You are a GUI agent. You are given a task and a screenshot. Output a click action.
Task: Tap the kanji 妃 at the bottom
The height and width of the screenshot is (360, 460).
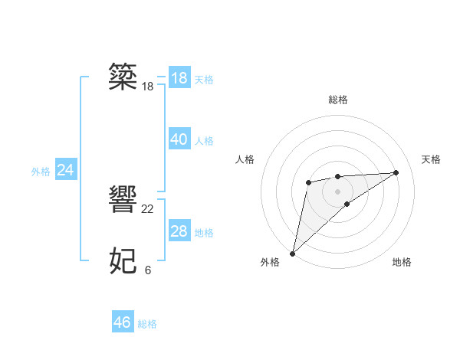[x=123, y=261]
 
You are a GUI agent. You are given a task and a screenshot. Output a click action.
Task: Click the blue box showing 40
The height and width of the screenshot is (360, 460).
[x=179, y=139]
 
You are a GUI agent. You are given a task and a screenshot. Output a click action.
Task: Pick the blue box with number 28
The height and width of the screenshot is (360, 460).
[x=179, y=231]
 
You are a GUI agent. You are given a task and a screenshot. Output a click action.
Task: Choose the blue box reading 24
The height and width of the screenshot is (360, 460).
[x=66, y=170]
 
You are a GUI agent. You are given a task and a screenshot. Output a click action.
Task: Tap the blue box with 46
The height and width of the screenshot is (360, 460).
[x=123, y=322]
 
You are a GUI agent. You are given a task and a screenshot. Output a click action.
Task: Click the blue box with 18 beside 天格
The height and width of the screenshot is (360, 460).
[x=179, y=78]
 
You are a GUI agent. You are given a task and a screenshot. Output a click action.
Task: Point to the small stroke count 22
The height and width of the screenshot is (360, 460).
[x=148, y=209]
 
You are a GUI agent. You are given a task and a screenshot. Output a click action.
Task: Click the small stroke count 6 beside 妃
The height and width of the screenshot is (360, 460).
[x=147, y=270]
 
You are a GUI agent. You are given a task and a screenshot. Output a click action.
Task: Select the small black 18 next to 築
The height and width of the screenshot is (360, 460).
[x=148, y=87]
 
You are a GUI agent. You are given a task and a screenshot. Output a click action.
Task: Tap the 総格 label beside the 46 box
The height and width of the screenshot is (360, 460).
[x=148, y=324]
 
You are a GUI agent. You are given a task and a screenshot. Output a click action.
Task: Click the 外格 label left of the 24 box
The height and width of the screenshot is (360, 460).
[x=41, y=172]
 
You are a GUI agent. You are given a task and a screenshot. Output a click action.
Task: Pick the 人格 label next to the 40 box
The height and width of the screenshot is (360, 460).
[x=204, y=141]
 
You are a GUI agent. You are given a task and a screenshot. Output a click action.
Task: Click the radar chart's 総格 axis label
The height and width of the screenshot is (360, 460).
[x=338, y=100]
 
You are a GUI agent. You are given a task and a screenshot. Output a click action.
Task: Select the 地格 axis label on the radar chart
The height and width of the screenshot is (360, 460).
[x=402, y=262]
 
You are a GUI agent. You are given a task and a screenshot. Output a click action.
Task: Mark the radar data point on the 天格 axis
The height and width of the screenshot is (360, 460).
[x=396, y=172]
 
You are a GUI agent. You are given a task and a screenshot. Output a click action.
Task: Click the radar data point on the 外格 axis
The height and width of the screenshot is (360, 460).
[x=293, y=253]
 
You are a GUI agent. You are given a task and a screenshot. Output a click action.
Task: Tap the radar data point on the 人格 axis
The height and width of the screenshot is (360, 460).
[x=308, y=182]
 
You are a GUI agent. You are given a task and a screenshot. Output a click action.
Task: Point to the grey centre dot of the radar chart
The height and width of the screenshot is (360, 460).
[x=338, y=191]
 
